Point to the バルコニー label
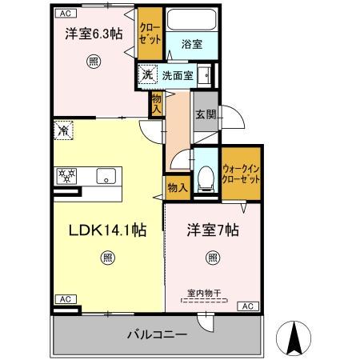pos(158,334)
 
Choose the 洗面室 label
pos(178,76)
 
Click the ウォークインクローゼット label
pos(241,175)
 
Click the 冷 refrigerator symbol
pos(63,126)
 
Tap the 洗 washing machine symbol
pos(146,75)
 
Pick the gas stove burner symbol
pos(65,175)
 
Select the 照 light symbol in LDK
pos(107,258)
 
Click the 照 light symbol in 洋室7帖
pos(213,258)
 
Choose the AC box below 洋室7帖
pos(248,306)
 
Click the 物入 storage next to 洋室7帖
pos(177,187)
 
